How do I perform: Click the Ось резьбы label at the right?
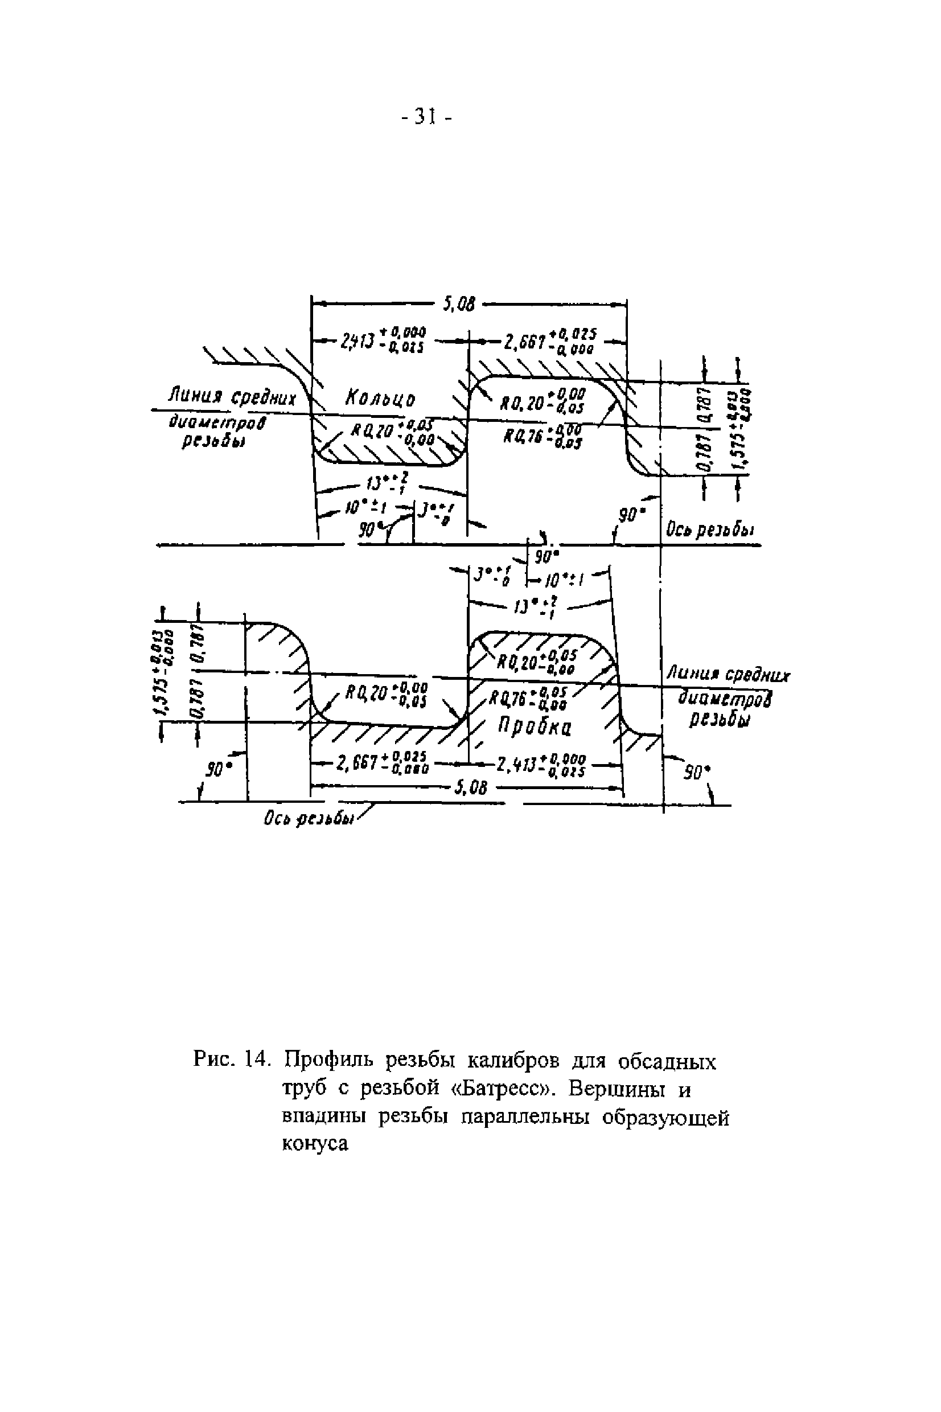710,531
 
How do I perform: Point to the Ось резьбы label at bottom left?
307,819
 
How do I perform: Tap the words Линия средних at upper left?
232,397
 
